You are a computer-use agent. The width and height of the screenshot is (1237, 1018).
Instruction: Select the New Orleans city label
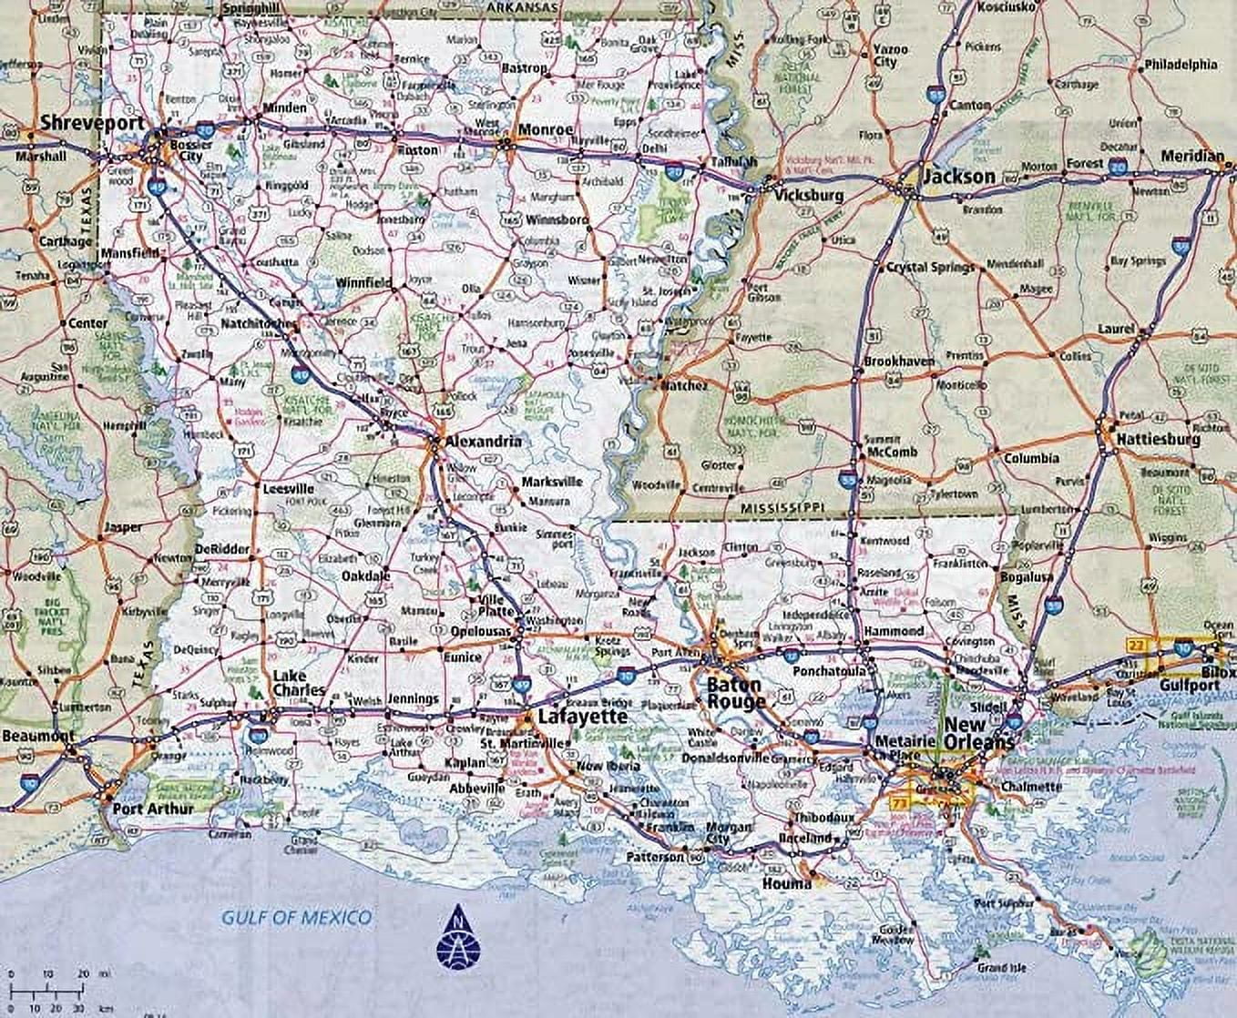click(x=977, y=733)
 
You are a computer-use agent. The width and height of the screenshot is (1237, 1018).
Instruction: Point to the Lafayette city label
click(x=582, y=717)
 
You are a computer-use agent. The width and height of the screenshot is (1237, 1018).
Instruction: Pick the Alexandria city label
click(x=483, y=442)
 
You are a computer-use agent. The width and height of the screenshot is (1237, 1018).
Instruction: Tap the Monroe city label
click(x=546, y=129)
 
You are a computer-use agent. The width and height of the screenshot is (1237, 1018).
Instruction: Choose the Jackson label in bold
click(x=959, y=176)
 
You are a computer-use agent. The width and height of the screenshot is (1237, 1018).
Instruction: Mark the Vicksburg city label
click(x=809, y=195)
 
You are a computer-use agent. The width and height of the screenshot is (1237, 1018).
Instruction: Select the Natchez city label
click(x=683, y=386)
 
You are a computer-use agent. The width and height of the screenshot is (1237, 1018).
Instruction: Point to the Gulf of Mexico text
click(x=297, y=917)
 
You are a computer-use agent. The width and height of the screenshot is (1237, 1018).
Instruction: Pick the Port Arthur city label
click(x=153, y=808)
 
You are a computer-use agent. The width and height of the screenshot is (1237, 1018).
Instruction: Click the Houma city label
click(x=787, y=883)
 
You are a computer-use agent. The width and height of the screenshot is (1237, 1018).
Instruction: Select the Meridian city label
click(x=1192, y=157)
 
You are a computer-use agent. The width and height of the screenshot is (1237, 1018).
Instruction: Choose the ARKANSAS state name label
click(x=522, y=7)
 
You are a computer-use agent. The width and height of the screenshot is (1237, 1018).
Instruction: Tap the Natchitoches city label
click(x=259, y=323)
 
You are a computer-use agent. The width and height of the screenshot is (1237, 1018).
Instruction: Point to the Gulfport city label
click(x=1189, y=685)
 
